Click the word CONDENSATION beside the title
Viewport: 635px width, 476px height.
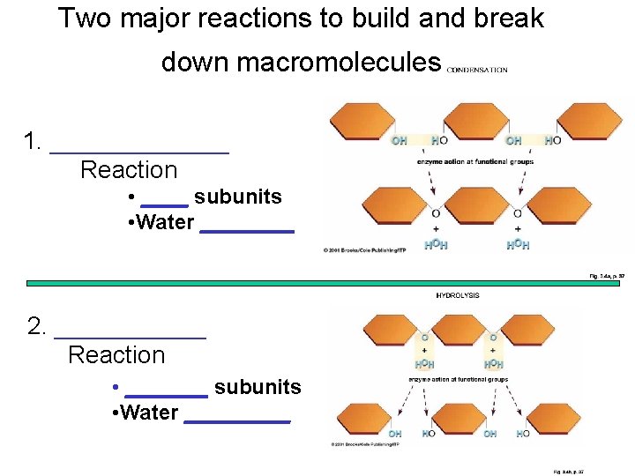pyautogui.click(x=477, y=70)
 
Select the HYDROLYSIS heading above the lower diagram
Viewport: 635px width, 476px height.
pyautogui.click(x=458, y=295)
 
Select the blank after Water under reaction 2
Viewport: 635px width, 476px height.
pyautogui.click(x=237, y=422)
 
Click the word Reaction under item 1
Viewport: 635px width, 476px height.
pyautogui.click(x=129, y=170)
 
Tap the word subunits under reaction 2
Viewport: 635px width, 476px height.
pyautogui.click(x=258, y=387)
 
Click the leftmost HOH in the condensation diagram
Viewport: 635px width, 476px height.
pyautogui.click(x=436, y=244)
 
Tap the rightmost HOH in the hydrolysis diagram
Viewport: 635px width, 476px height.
pyautogui.click(x=495, y=364)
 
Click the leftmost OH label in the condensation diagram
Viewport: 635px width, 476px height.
pyautogui.click(x=399, y=140)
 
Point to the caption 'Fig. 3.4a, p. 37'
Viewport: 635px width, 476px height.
pyautogui.click(x=607, y=276)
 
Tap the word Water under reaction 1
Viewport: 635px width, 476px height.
pyautogui.click(x=166, y=222)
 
